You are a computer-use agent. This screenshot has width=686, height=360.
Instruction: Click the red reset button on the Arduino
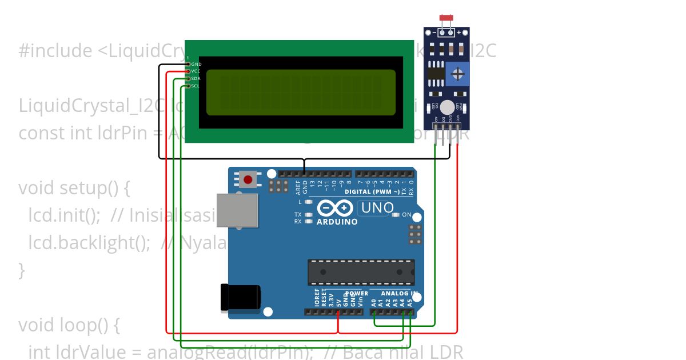tap(248, 179)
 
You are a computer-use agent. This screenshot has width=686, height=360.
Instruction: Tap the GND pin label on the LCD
tap(196, 64)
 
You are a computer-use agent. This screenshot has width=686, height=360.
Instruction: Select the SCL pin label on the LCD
tap(195, 86)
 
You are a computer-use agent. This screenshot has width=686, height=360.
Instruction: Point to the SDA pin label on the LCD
tap(196, 78)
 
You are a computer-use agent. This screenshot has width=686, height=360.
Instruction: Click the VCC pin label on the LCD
tap(196, 71)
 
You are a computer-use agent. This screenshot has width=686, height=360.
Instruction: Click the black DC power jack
tap(240, 298)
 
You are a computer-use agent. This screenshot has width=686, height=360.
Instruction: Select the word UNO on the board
tap(377, 208)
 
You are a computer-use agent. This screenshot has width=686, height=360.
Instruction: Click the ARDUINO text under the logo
tap(337, 222)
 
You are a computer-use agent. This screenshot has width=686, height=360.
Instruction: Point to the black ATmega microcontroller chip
tap(361, 272)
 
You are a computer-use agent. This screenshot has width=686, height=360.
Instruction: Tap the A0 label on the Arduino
tap(374, 302)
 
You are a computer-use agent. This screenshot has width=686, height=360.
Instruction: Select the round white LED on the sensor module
tap(448, 107)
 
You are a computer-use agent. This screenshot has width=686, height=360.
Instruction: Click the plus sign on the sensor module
tap(458, 33)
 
